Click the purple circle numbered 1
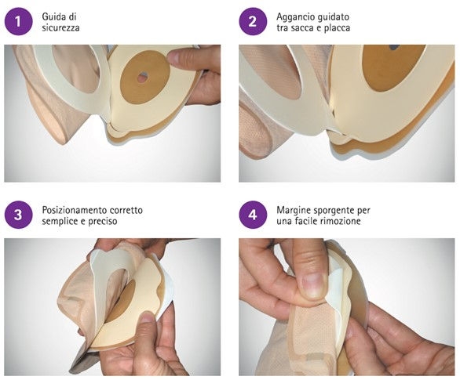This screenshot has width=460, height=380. (18, 22)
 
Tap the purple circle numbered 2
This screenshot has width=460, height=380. (253, 22)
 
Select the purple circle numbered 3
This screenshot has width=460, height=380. (18, 215)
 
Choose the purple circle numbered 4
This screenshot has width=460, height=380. (253, 215)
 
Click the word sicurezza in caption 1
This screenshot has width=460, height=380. (60, 27)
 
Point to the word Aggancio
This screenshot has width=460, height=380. (294, 17)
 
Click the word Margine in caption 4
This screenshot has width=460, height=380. (294, 211)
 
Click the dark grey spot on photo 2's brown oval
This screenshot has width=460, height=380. (394, 47)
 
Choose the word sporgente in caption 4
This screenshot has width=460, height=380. (334, 211)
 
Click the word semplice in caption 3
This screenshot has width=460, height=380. (60, 221)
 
